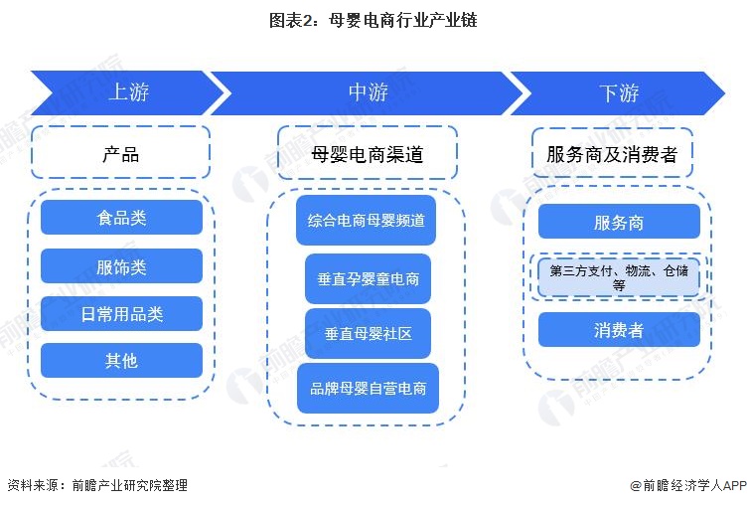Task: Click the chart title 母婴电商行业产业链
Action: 373,21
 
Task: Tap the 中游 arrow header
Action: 368,93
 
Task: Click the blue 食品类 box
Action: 121,217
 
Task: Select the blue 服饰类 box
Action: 121,265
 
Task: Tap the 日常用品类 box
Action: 121,314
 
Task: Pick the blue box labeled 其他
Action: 121,361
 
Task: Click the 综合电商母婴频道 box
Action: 367,221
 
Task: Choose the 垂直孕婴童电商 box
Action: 368,279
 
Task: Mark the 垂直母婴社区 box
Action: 368,334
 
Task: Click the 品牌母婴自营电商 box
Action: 368,389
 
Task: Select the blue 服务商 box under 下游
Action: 619,222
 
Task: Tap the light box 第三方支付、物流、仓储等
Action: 619,276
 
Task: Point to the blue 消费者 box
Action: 619,330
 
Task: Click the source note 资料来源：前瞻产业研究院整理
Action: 96,485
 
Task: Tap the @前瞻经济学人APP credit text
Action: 686,485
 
